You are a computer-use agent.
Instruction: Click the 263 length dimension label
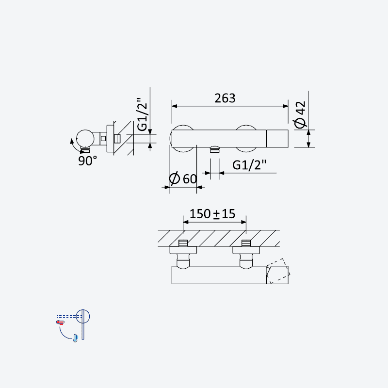[225, 98]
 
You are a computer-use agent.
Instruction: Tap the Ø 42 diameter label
[300, 115]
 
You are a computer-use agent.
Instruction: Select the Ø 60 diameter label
[183, 178]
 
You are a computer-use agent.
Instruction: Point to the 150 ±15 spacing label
[212, 214]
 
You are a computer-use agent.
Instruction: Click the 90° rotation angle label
[87, 161]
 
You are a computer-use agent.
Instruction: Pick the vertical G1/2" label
[143, 114]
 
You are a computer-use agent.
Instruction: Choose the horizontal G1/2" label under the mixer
[249, 165]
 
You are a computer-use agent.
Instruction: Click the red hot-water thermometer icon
[60, 322]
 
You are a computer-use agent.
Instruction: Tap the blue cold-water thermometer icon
[75, 338]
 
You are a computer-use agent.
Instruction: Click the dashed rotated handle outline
[278, 271]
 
